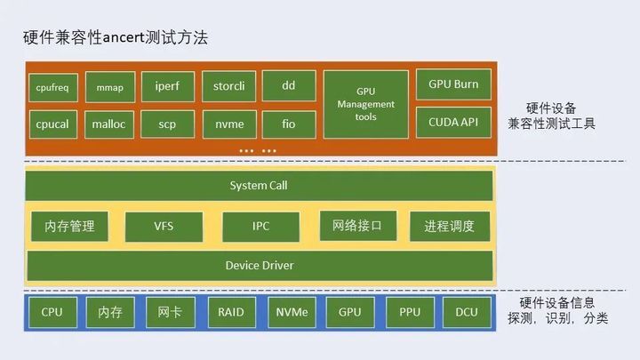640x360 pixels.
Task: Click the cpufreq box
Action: click(x=54, y=87)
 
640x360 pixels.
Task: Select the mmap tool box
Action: click(x=110, y=87)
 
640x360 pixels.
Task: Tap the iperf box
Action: click(x=167, y=86)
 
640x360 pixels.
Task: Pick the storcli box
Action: click(x=228, y=86)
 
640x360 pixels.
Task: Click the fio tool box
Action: click(x=288, y=124)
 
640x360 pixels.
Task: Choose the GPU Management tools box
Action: click(x=365, y=105)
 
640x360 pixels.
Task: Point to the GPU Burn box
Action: click(x=453, y=84)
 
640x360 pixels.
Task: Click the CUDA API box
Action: click(x=453, y=122)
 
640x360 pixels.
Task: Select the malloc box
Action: click(x=110, y=124)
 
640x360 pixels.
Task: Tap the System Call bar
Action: click(x=259, y=186)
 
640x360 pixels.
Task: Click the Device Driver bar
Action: click(x=259, y=265)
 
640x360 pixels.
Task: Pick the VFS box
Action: click(x=164, y=226)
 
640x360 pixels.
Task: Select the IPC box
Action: click(x=260, y=226)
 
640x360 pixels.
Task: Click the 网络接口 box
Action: click(x=357, y=226)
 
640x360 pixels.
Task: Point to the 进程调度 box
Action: click(x=449, y=226)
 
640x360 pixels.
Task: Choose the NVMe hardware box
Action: click(x=291, y=313)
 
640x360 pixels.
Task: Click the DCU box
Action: click(x=467, y=313)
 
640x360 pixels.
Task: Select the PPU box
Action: click(x=410, y=313)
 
